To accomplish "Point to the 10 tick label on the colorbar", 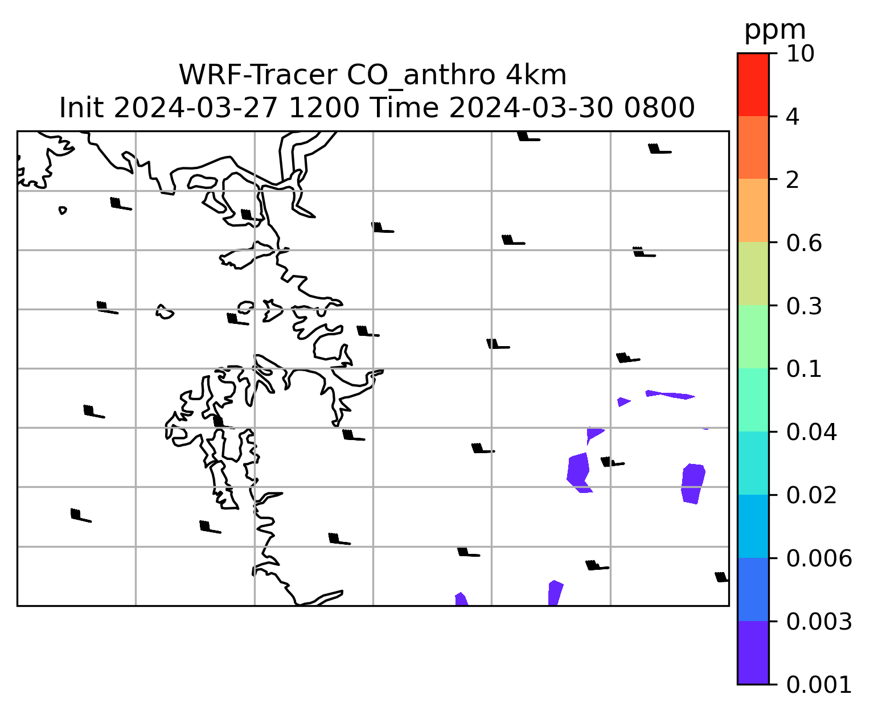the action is (x=800, y=54).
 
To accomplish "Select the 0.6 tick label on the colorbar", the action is (x=803, y=243).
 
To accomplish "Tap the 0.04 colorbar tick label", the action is (x=811, y=432).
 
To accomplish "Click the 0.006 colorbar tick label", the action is (x=818, y=558).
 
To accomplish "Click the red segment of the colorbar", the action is (x=753, y=84).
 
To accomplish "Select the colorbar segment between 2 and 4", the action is (x=753, y=147).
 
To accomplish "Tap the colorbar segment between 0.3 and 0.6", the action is (x=753, y=273).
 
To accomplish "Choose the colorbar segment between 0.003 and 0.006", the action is (x=753, y=590).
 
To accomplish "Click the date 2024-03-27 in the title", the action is (x=195, y=108).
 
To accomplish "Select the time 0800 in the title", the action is (x=659, y=108).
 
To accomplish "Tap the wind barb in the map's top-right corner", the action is (x=659, y=149).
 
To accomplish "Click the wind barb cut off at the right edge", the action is (x=721, y=577).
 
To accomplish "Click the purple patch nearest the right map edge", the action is (x=693, y=483).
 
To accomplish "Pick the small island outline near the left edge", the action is (x=63, y=210).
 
